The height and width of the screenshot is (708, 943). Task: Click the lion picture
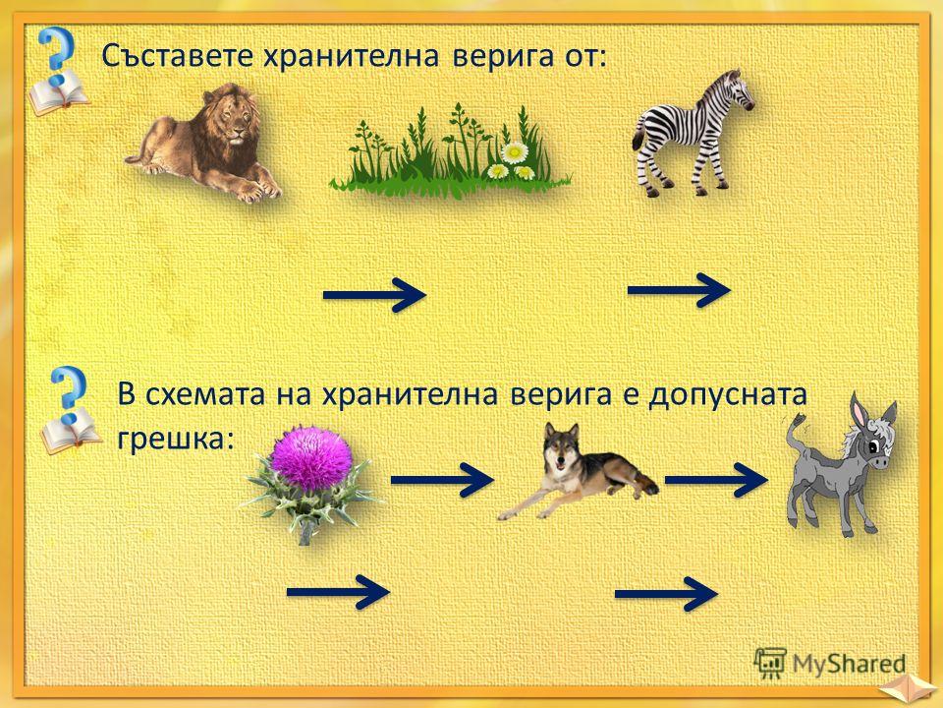tap(203, 145)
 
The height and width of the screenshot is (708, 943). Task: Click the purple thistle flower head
tap(310, 457)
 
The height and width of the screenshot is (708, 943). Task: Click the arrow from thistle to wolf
tap(442, 480)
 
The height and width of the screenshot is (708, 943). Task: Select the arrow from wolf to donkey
tap(716, 480)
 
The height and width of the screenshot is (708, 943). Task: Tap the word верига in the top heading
tap(502, 57)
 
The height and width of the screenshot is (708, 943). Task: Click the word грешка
tap(175, 440)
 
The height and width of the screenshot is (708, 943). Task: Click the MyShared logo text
tap(848, 665)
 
